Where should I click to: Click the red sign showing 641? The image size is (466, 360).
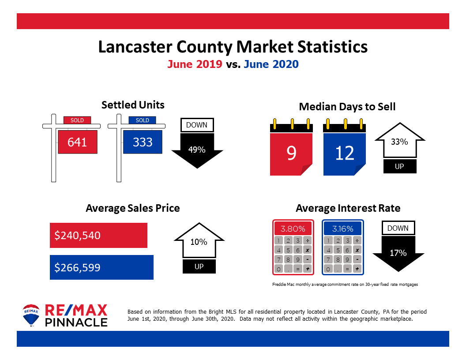click(77, 142)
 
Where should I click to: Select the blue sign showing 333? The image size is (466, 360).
click(143, 142)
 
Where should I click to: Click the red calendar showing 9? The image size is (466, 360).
click(291, 153)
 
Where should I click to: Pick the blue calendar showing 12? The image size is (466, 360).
click(344, 153)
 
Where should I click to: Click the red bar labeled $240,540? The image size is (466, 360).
click(98, 236)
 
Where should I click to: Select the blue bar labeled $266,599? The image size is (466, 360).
click(101, 267)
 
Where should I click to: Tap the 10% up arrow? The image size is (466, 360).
click(199, 243)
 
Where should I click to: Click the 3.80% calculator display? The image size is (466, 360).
click(293, 229)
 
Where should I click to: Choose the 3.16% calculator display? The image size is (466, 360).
click(342, 229)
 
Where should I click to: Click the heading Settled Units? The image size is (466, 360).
click(133, 105)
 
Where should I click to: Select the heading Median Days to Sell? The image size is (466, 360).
click(347, 107)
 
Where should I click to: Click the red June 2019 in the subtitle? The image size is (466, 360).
click(195, 64)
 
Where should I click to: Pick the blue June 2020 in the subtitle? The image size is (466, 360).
click(271, 64)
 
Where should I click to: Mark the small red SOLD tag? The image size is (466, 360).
click(77, 120)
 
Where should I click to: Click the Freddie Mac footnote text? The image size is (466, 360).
click(345, 285)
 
